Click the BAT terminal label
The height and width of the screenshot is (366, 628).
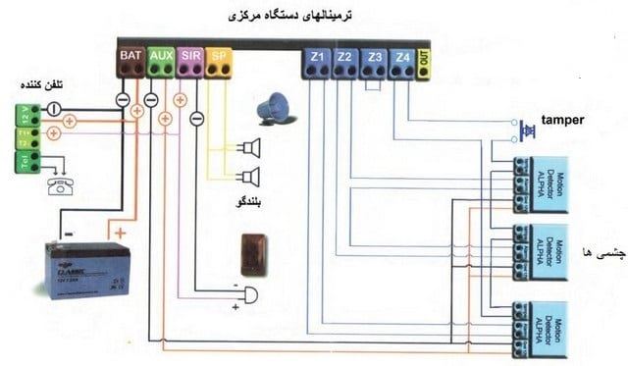tap(131, 57)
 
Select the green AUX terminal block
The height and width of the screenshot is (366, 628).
tap(161, 57)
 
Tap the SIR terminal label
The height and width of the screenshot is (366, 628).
tap(191, 57)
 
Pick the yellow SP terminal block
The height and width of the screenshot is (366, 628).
tap(221, 57)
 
